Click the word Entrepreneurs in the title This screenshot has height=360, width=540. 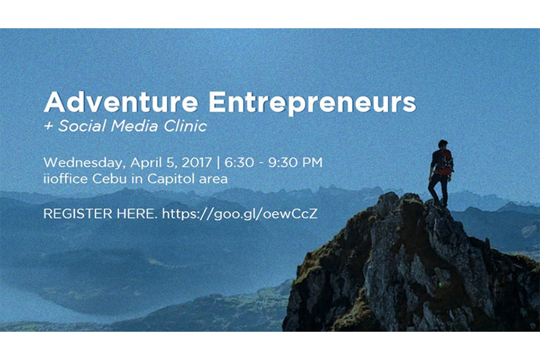point(312,103)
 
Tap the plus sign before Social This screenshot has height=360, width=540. point(48,126)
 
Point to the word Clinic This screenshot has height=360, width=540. point(185,126)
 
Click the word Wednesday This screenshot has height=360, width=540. point(83,163)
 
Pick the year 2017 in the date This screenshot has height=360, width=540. point(197,162)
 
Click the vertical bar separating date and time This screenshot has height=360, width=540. point(218,163)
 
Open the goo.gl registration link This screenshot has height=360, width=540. point(239,214)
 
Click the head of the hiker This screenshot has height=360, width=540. point(443,145)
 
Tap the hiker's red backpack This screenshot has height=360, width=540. point(443,162)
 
